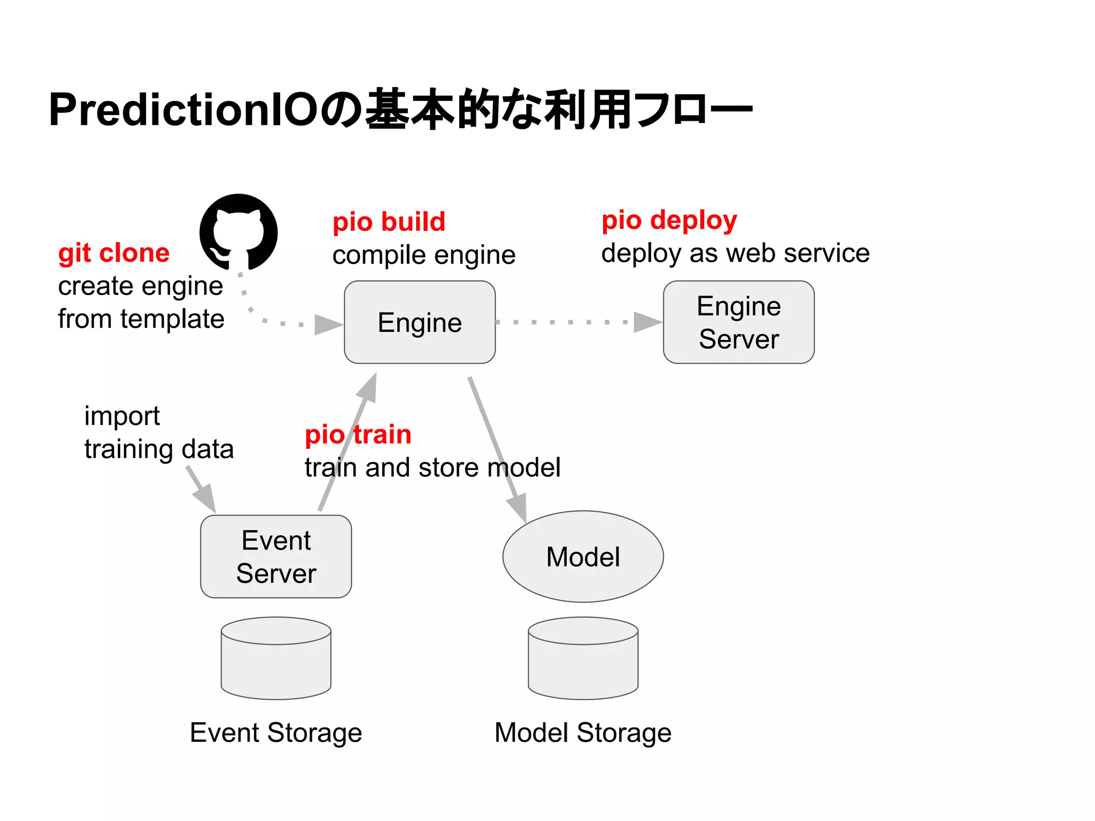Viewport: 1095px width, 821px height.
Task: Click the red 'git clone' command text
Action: [114, 253]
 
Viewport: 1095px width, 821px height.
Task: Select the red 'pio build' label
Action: [389, 222]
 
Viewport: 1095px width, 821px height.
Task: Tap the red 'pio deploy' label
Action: [669, 220]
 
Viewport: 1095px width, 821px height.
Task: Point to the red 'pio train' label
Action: [358, 434]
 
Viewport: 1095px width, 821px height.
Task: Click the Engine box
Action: [420, 322]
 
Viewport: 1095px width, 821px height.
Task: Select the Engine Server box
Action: [738, 322]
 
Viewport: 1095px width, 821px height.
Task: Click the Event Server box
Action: [276, 556]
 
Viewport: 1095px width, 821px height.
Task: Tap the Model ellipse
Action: [583, 556]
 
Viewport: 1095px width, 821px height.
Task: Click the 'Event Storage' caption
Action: [276, 733]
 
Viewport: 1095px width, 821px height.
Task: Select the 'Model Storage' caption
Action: [583, 733]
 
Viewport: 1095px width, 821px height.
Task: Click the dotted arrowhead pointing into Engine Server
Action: [647, 322]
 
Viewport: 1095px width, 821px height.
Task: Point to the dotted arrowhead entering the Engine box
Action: [327, 324]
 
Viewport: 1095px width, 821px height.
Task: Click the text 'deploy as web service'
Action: [735, 253]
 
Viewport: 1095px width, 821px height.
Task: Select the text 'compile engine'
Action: [424, 255]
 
